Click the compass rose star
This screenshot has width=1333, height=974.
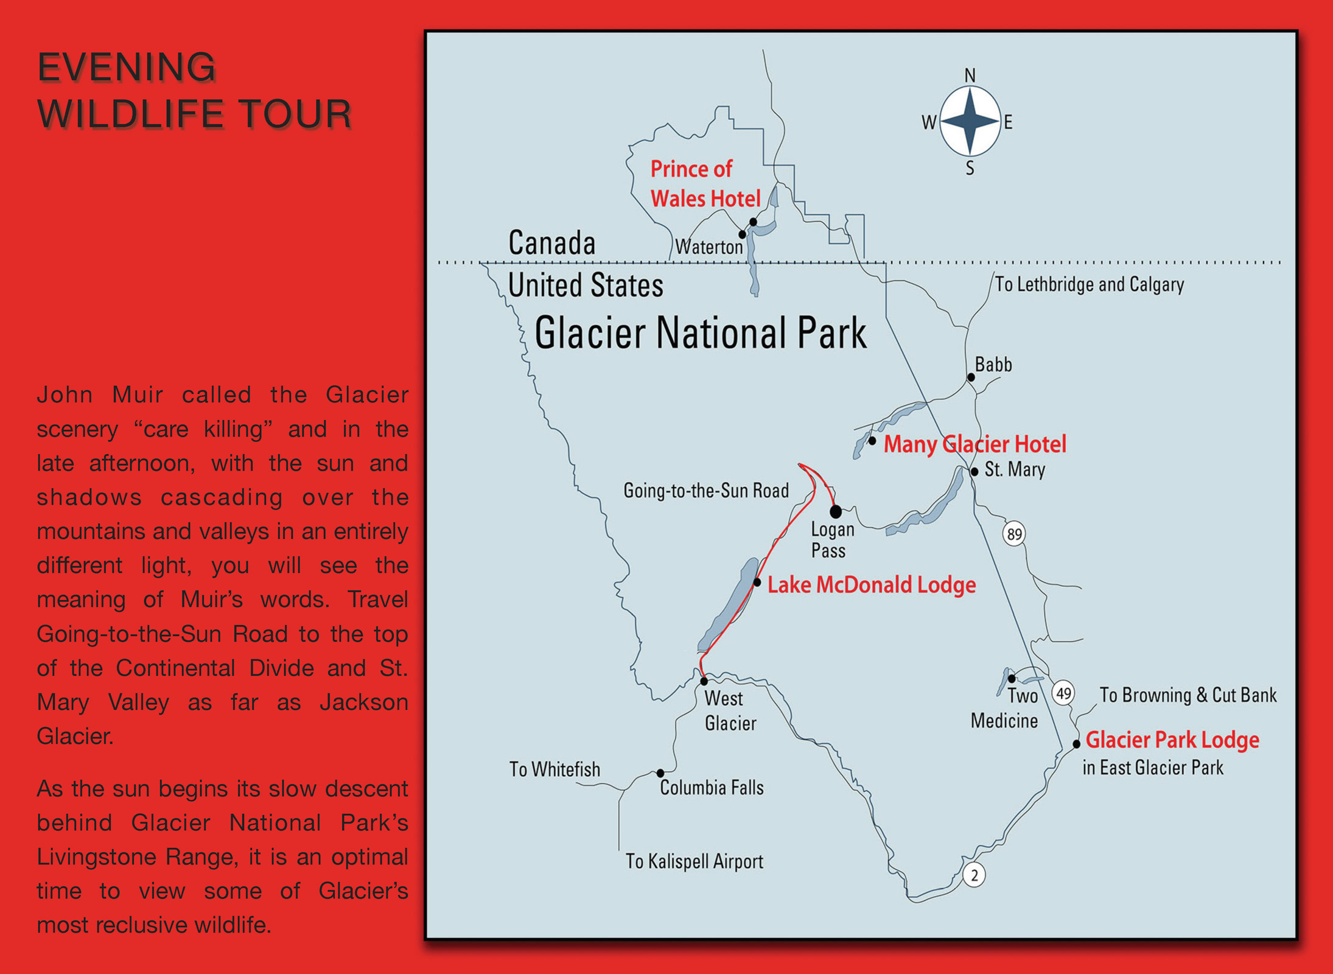pyautogui.click(x=970, y=121)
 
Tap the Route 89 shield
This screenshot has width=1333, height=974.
pyautogui.click(x=1014, y=534)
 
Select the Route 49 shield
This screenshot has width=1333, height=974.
pyautogui.click(x=1063, y=693)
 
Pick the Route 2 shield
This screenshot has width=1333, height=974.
pyautogui.click(x=974, y=875)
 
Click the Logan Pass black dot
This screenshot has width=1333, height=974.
pyautogui.click(x=836, y=511)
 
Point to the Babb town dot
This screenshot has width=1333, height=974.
pyautogui.click(x=971, y=377)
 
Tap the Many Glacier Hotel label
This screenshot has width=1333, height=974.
pyautogui.click(x=975, y=444)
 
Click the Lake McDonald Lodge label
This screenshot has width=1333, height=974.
pyautogui.click(x=872, y=584)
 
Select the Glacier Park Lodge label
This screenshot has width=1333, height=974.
pyautogui.click(x=1172, y=740)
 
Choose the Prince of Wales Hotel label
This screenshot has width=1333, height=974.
pyautogui.click(x=705, y=184)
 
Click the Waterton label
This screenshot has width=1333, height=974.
pyautogui.click(x=709, y=247)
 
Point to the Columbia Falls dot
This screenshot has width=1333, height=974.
pyautogui.click(x=660, y=773)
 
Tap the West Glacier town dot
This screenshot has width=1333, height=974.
pyautogui.click(x=704, y=681)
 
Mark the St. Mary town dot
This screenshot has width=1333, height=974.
pyautogui.click(x=974, y=472)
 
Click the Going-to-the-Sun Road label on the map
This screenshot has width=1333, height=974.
pyautogui.click(x=706, y=491)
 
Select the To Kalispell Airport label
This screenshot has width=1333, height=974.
pyautogui.click(x=694, y=861)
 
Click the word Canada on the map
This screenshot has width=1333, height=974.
pyautogui.click(x=552, y=243)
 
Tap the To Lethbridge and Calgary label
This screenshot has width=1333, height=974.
pyautogui.click(x=1090, y=284)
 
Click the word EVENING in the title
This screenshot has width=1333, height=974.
pyautogui.click(x=127, y=67)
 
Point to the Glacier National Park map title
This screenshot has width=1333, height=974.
pyautogui.click(x=701, y=333)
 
